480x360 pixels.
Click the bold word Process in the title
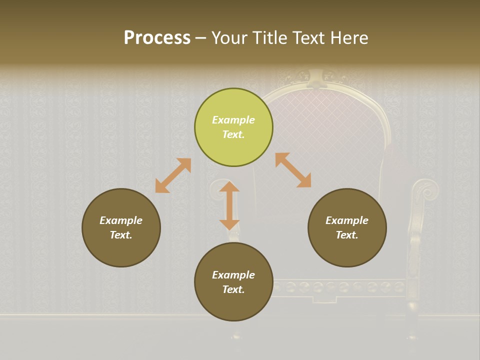click(157, 38)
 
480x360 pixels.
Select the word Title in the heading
click(269, 38)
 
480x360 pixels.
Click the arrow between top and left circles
click(173, 175)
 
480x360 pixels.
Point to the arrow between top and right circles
click(293, 170)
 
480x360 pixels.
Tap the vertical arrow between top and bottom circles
click(229, 205)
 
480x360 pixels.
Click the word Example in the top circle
click(233, 120)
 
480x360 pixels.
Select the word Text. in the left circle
click(121, 235)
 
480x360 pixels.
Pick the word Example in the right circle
click(347, 220)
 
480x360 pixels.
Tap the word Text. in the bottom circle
click(233, 289)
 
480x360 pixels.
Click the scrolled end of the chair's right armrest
click(426, 190)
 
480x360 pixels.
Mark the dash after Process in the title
click(201, 38)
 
